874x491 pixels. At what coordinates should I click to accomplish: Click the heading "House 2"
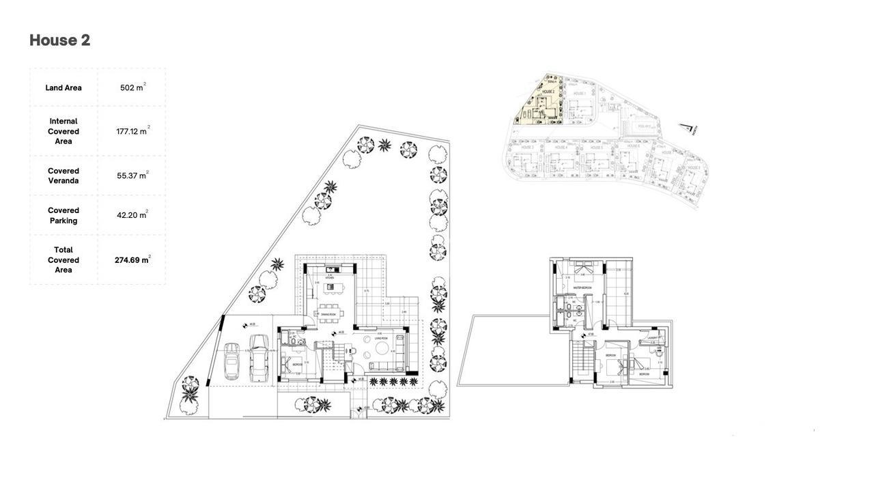pos(60,40)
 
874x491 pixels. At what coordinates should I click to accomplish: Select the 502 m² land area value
pos(132,87)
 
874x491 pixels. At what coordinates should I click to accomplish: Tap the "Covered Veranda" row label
pos(64,176)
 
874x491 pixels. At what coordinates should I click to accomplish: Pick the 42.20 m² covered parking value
pos(132,215)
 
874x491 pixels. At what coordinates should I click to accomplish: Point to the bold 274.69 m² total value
pos(132,260)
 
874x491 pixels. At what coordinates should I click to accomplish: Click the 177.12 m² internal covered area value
pos(132,131)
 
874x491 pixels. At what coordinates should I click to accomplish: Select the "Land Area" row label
pos(64,87)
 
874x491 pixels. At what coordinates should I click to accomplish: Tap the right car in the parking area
pos(258,357)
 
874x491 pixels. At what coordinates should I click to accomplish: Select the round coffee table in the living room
pos(380,348)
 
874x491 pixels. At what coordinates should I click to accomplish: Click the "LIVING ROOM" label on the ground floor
pos(381,338)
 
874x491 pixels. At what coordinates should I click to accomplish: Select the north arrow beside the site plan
pos(687,128)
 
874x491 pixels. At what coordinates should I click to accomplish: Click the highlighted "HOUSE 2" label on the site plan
pos(548,91)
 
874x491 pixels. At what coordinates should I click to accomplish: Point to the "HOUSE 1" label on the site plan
pos(580,94)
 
